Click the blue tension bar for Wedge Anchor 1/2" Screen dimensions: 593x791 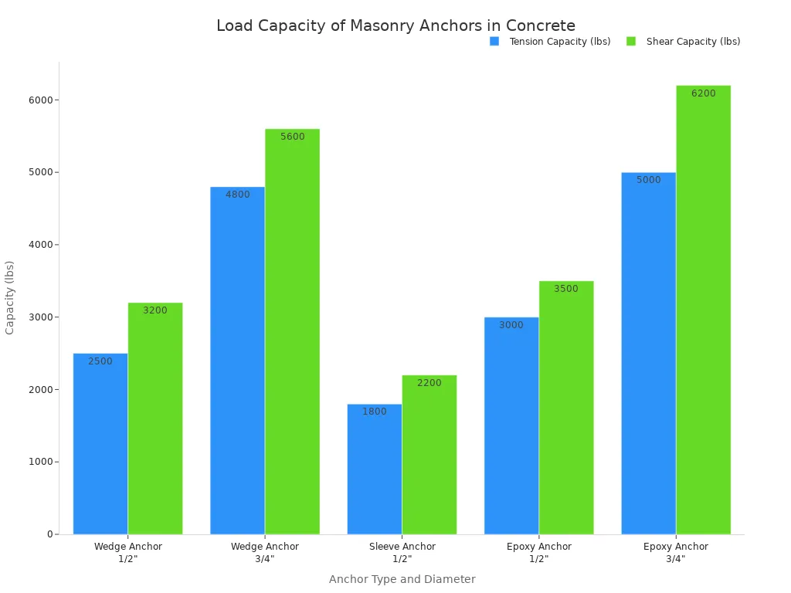point(100,444)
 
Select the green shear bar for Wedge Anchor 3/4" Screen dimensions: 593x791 point(292,332)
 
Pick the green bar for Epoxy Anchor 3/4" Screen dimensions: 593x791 point(703,309)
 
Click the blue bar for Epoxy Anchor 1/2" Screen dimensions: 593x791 point(511,425)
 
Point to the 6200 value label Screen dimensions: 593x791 point(703,93)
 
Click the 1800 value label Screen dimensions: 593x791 point(375,412)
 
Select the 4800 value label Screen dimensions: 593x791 point(238,195)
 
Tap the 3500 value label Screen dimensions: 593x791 point(565,289)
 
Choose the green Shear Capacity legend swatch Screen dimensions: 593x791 point(631,42)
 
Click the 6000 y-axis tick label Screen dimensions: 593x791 point(41,100)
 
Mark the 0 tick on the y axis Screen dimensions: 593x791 point(49,534)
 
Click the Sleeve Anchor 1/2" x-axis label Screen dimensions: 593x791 point(402,552)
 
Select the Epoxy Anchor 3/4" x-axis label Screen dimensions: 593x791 point(676,552)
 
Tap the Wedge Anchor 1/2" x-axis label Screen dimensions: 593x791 point(128,552)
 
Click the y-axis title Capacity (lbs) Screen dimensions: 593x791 point(10,297)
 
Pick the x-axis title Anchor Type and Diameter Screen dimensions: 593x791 point(402,579)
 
